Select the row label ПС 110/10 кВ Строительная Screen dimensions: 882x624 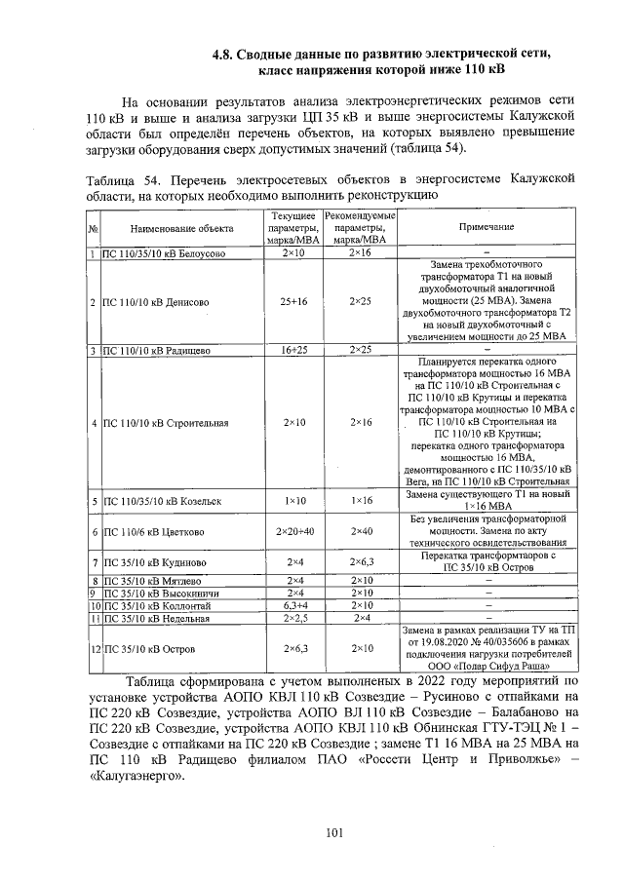pyautogui.click(x=165, y=423)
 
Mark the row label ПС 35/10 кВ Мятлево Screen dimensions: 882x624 pyautogui.click(x=152, y=581)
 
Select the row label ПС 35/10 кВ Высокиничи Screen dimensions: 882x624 pyautogui.click(x=159, y=593)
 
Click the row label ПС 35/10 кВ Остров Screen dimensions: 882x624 pyautogui.click(x=149, y=648)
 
